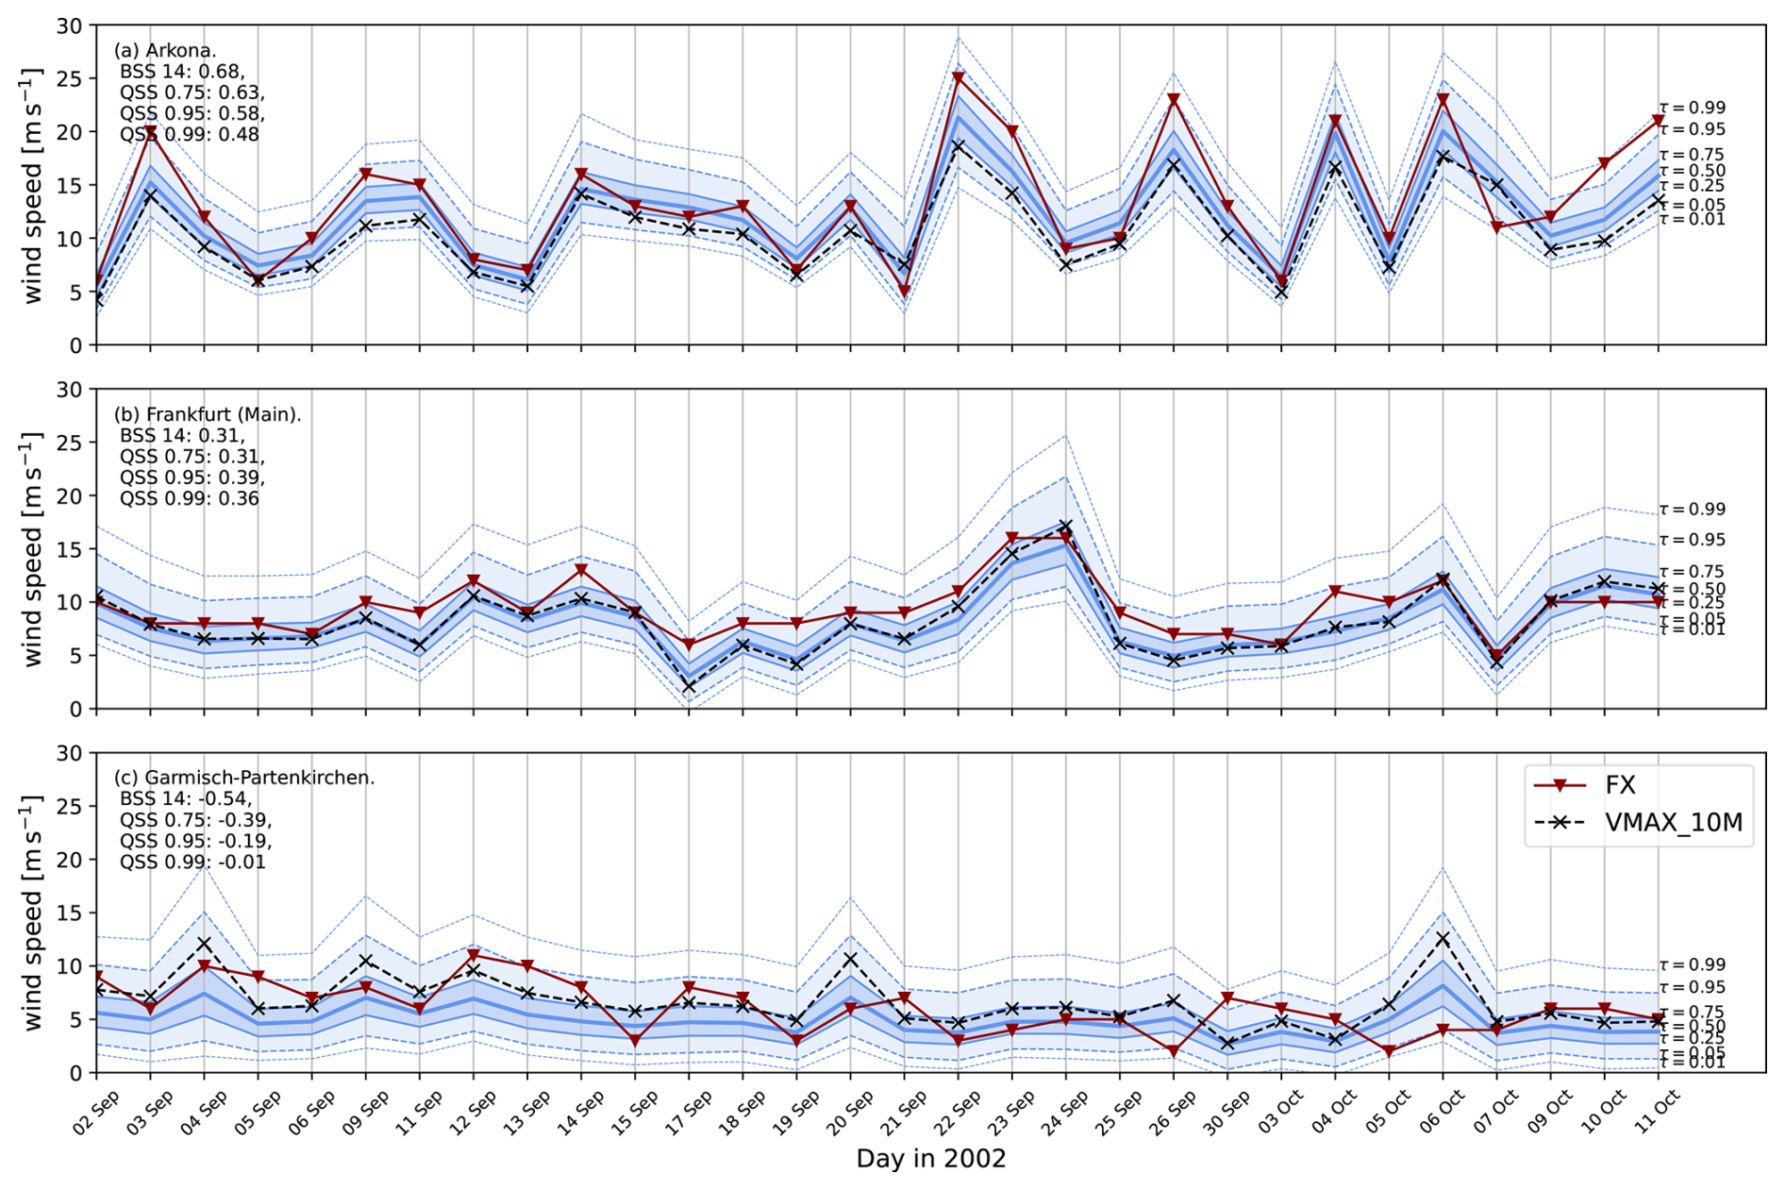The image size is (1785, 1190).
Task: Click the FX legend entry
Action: point(1620,785)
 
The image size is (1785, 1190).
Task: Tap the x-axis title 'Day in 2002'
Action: point(930,1159)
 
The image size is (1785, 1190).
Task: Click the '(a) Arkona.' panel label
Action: point(165,51)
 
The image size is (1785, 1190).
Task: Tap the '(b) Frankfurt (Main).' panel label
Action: point(208,414)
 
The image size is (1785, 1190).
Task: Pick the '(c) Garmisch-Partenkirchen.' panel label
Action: point(244,778)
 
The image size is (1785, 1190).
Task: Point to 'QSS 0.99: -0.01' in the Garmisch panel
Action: point(192,863)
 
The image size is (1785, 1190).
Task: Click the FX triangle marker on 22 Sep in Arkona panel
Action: point(959,78)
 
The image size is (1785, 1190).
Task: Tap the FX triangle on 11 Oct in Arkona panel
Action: point(1658,121)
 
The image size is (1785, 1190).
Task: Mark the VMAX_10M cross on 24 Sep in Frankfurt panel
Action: point(1066,527)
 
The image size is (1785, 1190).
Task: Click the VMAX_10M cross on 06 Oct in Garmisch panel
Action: point(1443,939)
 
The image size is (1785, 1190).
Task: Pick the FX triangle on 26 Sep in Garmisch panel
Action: point(1174,1051)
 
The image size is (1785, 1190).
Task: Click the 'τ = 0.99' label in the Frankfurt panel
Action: point(1693,510)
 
